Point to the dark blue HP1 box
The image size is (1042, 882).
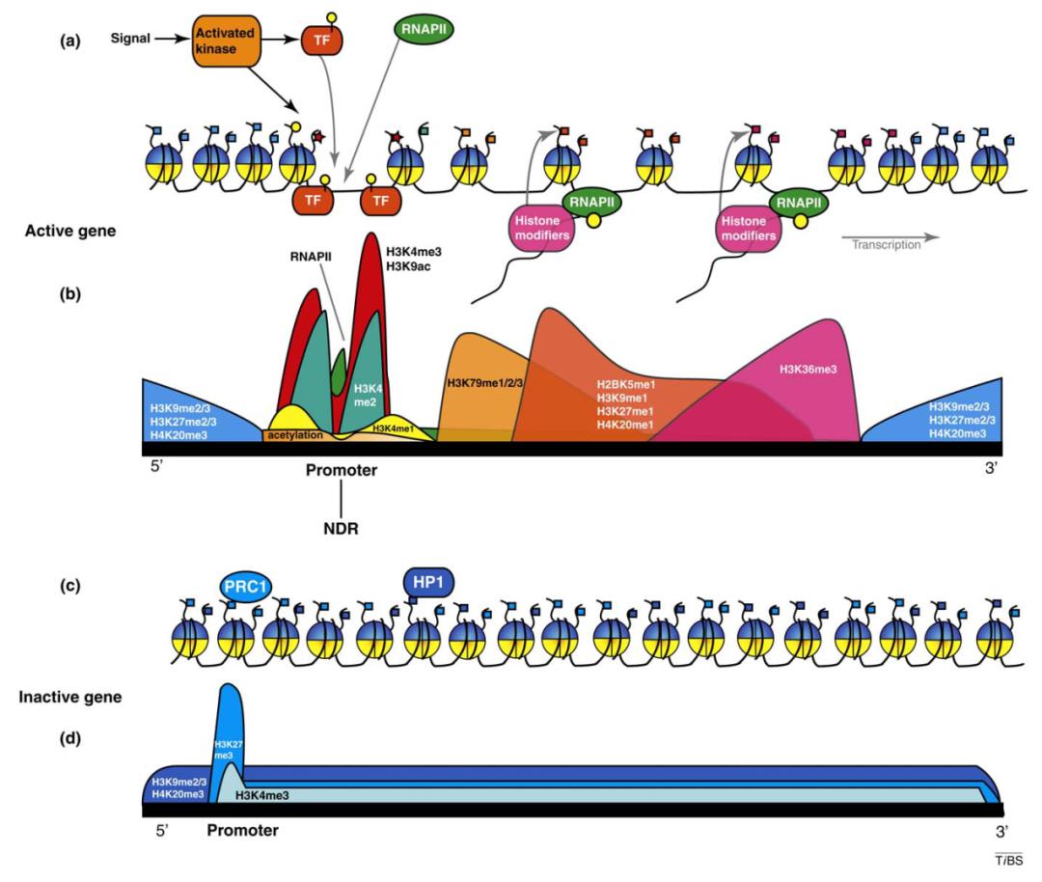(x=427, y=582)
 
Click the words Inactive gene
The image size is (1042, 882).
(x=70, y=695)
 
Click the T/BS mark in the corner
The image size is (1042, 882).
(x=1009, y=859)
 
